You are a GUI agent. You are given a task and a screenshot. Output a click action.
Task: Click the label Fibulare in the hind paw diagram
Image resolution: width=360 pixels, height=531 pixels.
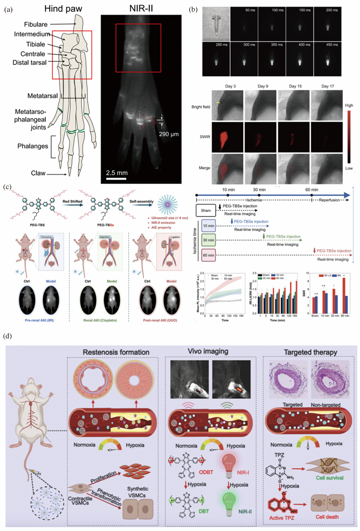[36, 24]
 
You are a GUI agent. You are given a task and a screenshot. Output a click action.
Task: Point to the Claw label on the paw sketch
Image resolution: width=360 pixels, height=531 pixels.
[38, 173]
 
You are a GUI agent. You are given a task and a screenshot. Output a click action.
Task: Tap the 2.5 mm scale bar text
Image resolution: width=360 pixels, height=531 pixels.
[117, 173]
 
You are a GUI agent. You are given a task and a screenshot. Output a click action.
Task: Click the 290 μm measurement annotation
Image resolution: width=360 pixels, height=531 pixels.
[169, 134]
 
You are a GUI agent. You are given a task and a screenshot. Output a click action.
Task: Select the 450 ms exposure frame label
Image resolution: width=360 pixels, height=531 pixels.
[332, 45]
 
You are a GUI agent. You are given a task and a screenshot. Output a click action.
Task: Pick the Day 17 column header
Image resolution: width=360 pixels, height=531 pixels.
[327, 86]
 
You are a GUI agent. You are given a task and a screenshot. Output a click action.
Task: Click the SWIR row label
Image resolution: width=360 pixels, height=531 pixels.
[205, 137]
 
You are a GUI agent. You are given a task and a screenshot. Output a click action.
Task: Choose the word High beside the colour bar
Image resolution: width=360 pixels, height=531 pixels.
[349, 105]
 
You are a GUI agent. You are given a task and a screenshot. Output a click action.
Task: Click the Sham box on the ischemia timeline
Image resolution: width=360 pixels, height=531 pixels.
[206, 210]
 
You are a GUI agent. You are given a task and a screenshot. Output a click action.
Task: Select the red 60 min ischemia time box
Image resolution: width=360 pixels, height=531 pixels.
[208, 255]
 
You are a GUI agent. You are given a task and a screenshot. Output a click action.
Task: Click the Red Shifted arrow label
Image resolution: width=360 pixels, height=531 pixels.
[72, 201]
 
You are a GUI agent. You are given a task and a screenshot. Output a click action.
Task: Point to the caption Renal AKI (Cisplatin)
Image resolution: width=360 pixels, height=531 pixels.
[100, 320]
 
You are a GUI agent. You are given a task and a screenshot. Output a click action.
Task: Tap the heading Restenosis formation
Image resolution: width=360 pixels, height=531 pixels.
[116, 352]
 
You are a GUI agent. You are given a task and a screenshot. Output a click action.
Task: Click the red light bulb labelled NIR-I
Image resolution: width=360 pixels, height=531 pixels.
[229, 465]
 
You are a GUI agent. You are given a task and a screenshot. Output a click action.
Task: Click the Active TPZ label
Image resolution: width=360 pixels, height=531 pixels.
[281, 518]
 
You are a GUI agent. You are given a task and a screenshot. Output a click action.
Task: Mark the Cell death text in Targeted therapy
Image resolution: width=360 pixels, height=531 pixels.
[327, 517]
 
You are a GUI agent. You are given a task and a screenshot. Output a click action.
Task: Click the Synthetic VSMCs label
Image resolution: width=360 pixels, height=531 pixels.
[137, 492]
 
